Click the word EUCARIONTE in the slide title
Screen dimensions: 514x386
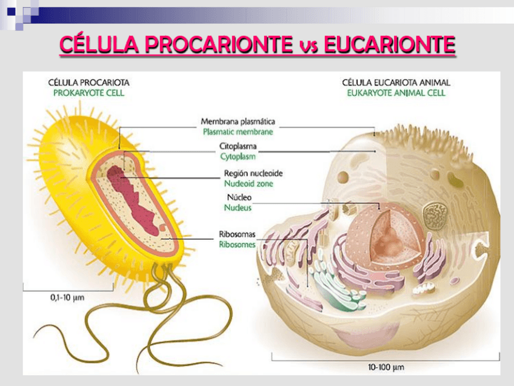pos(390,46)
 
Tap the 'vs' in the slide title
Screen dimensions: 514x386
pos(309,47)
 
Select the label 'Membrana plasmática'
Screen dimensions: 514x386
pos(238,121)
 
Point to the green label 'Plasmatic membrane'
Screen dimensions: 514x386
pos(238,132)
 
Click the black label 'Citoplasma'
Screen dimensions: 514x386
pos(238,147)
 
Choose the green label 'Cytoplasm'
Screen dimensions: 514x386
pos(238,157)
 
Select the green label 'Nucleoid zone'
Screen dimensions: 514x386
pos(249,183)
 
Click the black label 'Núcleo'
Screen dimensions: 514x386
pos(239,198)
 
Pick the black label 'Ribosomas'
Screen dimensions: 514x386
pos(237,235)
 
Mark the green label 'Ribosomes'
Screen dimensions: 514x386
pos(237,245)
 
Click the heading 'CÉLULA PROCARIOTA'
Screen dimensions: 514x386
pos(88,83)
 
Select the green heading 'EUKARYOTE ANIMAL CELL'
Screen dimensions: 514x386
pos(396,93)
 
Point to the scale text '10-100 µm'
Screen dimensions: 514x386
pos(385,367)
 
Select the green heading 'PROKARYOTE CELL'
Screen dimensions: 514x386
pos(88,93)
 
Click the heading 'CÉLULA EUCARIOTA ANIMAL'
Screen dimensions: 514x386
pos(396,83)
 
